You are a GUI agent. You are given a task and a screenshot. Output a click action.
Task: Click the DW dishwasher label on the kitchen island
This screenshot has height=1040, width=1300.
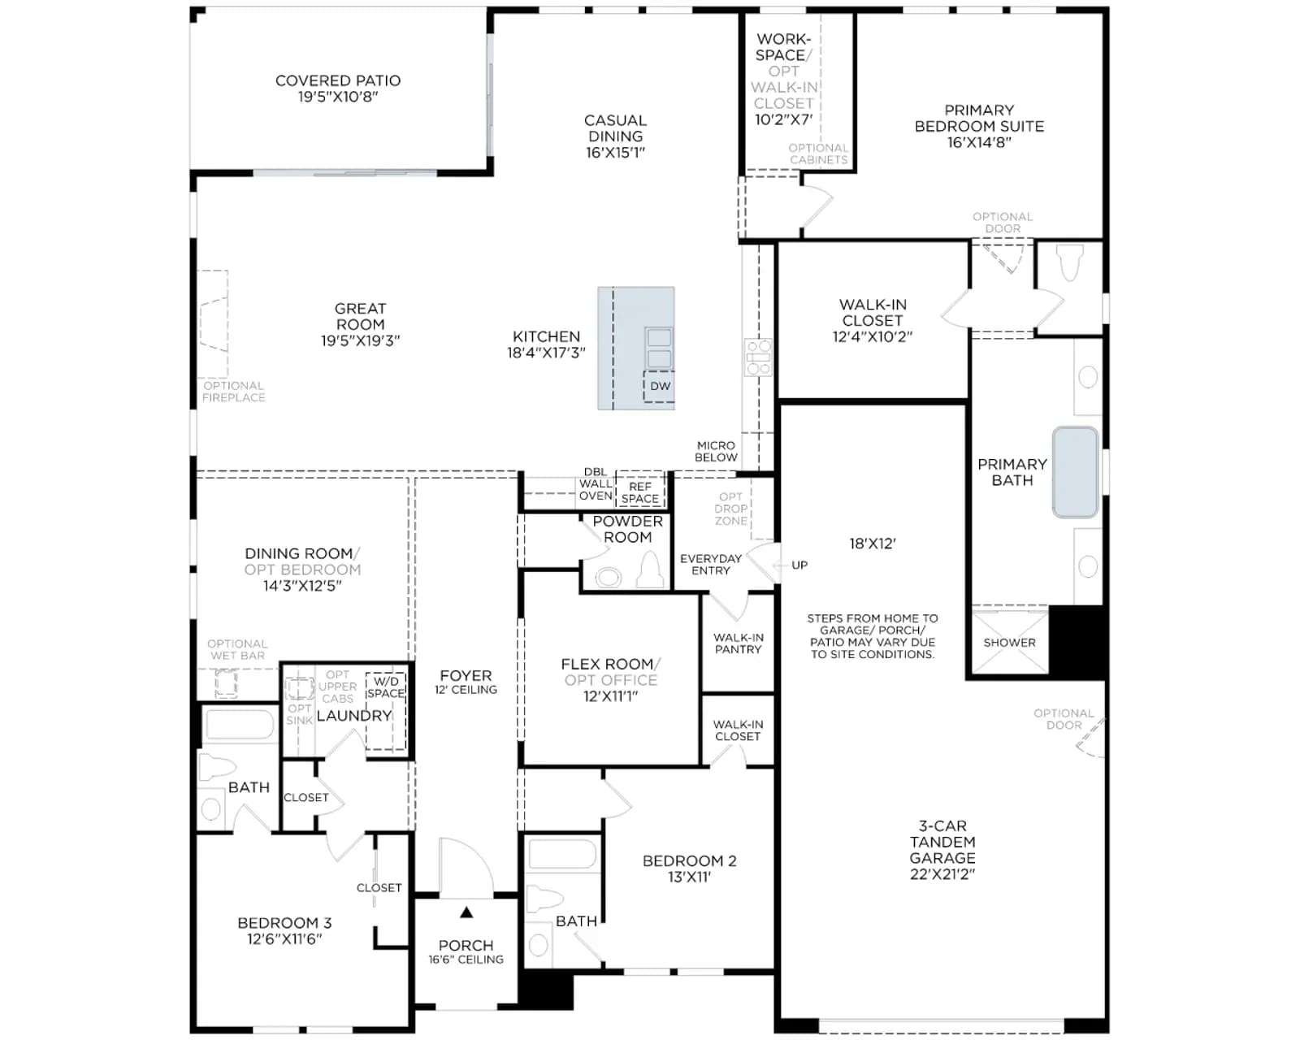(x=660, y=386)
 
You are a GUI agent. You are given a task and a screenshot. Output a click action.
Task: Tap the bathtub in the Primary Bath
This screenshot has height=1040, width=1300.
(x=1075, y=472)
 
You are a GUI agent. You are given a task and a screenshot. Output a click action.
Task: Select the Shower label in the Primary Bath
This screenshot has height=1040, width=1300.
(x=1009, y=643)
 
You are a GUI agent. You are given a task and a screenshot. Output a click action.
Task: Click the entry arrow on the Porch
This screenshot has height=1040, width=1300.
(x=466, y=912)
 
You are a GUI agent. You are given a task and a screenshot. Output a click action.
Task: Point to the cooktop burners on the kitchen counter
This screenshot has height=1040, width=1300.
(x=758, y=357)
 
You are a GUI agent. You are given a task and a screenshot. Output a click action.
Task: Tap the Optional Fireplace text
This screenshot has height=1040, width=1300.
(x=234, y=392)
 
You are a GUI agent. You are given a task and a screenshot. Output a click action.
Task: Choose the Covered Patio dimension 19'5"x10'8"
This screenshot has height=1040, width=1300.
(x=338, y=97)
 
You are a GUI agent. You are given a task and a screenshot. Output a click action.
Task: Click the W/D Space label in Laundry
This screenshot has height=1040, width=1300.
(x=385, y=687)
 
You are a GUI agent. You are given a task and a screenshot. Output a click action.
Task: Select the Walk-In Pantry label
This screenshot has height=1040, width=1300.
(x=739, y=643)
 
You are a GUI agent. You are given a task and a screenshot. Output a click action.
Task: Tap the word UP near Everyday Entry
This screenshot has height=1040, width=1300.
(x=799, y=565)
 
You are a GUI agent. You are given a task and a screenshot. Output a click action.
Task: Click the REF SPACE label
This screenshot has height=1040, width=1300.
(x=639, y=492)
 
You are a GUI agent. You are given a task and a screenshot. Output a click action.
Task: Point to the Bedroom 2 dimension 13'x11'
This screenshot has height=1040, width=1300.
(x=689, y=877)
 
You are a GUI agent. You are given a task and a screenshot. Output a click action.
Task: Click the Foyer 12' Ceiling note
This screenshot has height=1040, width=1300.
(x=466, y=690)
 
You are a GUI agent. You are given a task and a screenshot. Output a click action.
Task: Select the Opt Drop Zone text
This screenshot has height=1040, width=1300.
(x=731, y=509)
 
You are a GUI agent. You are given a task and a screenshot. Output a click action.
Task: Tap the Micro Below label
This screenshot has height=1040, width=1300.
(x=716, y=452)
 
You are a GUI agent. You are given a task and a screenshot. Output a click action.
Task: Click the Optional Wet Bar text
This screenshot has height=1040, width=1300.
(x=237, y=650)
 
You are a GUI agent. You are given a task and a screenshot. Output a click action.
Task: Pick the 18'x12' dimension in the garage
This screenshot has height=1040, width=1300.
(x=873, y=544)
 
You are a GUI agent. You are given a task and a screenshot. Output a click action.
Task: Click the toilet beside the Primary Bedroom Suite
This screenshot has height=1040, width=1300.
(x=1070, y=262)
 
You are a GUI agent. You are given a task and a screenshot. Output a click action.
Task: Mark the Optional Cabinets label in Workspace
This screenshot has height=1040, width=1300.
(x=818, y=154)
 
